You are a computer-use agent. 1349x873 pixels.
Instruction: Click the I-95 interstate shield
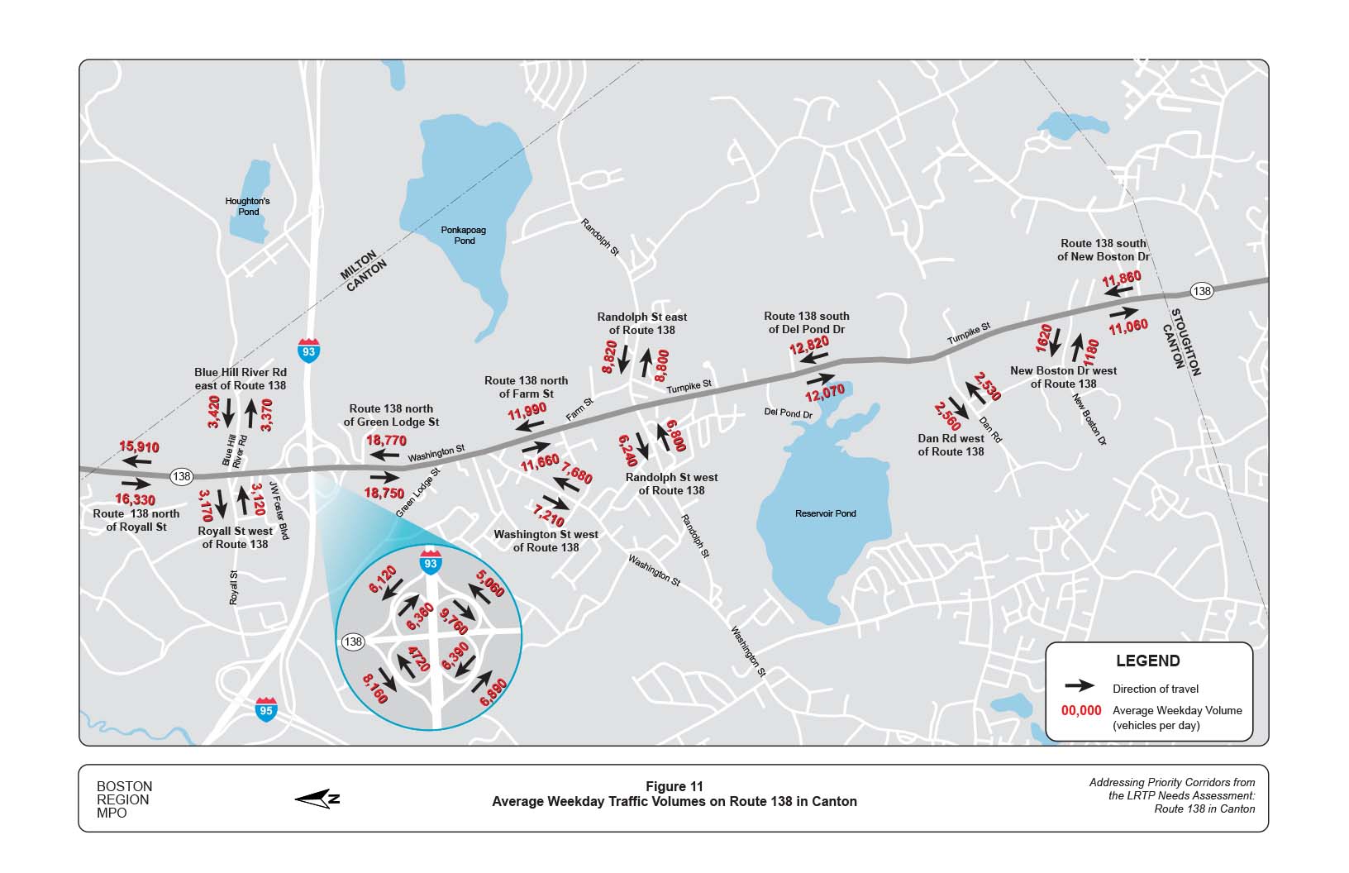click(265, 709)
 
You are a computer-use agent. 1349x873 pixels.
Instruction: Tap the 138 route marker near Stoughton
click(1202, 291)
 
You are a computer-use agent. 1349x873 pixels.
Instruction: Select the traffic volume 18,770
click(386, 441)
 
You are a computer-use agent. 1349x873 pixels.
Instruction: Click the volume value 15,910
click(139, 447)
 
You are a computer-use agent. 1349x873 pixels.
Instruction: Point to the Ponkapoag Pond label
click(465, 236)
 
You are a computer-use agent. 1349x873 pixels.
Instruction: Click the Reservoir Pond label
click(825, 513)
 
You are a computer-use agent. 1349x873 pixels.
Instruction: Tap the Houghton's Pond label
click(248, 206)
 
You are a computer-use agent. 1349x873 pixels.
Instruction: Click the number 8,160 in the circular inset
click(374, 688)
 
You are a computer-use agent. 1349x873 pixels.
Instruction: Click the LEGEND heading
click(1147, 661)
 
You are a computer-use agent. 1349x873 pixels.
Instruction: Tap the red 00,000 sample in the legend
click(1081, 710)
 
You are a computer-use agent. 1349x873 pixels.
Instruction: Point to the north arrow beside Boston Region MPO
click(317, 798)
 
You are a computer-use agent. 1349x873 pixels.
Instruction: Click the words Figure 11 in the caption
click(674, 787)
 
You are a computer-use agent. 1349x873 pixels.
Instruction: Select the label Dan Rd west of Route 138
click(951, 445)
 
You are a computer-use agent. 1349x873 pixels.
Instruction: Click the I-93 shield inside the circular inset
click(430, 561)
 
